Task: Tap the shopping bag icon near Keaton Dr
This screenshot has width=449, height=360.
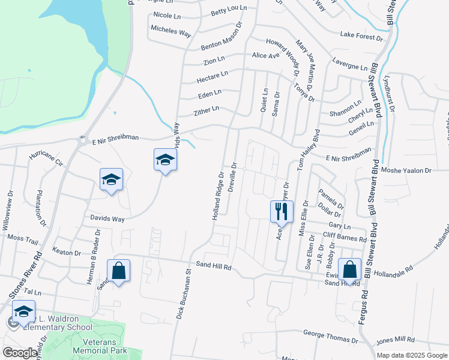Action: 119,270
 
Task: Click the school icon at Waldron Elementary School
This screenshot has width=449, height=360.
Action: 23,311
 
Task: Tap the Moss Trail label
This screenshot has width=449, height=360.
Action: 23,238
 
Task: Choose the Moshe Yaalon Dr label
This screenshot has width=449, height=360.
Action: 411,170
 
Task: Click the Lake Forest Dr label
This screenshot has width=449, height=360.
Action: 361,36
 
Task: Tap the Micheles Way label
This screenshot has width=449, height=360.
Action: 171,31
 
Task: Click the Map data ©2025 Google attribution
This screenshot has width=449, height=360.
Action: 412,355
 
